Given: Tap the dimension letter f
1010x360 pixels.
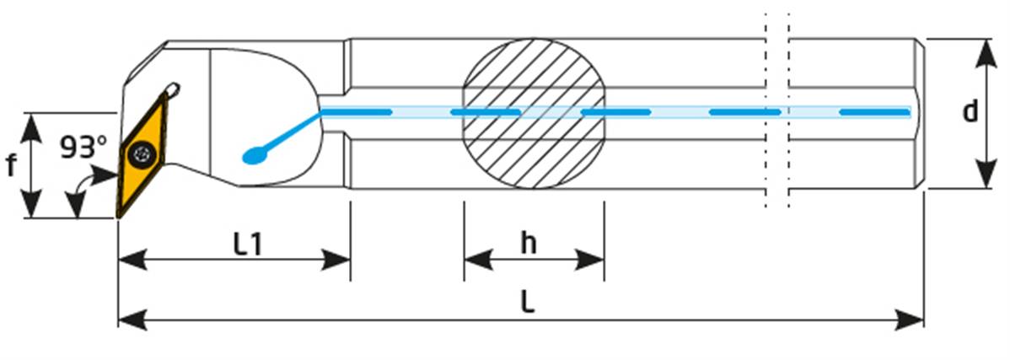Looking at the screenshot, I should click(11, 165).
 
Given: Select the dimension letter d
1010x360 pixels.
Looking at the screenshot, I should click(970, 111).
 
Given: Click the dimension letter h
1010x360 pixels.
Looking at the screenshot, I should click(528, 243).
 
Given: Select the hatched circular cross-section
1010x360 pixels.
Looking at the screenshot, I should click(535, 114).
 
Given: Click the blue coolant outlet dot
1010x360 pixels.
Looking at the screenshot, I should click(251, 156).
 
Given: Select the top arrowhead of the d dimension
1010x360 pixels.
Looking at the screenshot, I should click(984, 51).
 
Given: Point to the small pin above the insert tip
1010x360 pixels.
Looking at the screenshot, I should click(173, 88).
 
